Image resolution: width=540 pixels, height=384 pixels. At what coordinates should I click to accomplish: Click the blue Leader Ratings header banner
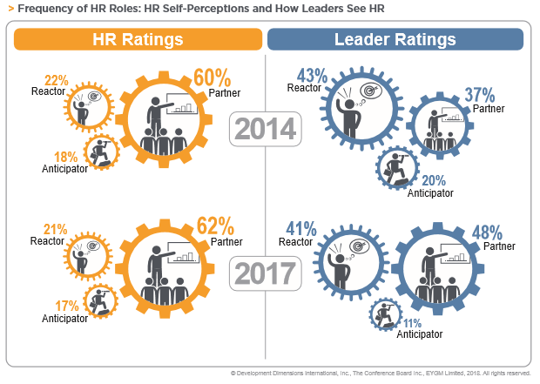tap(395, 40)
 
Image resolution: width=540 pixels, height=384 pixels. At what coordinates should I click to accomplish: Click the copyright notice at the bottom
tap(380, 373)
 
